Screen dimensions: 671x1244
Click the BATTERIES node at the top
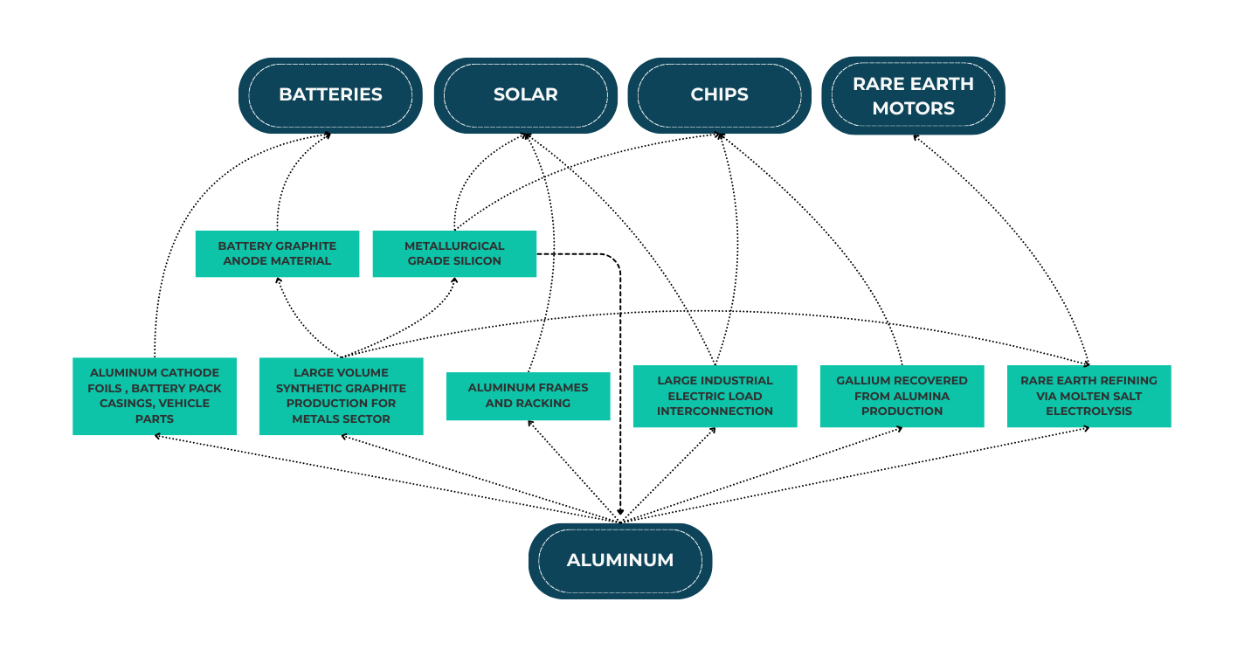pyautogui.click(x=330, y=95)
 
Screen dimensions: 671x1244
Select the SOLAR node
pyautogui.click(x=525, y=95)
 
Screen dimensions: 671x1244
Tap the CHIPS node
pyautogui.click(x=719, y=95)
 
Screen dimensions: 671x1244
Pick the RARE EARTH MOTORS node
pyautogui.click(x=913, y=95)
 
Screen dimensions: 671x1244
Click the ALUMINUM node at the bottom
pyautogui.click(x=620, y=561)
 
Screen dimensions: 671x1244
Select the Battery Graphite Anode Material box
pyautogui.click(x=277, y=253)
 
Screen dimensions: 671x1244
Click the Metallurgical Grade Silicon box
pyautogui.click(x=454, y=253)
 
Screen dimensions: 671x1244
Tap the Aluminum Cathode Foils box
pyautogui.click(x=155, y=396)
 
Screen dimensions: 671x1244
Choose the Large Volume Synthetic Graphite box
pyautogui.click(x=341, y=396)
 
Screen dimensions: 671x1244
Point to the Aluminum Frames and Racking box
pyautogui.click(x=528, y=396)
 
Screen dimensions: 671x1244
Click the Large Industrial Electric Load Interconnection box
pyautogui.click(x=715, y=396)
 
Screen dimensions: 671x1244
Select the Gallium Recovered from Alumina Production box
pyautogui.click(x=902, y=396)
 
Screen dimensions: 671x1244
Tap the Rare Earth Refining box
pyautogui.click(x=1088, y=396)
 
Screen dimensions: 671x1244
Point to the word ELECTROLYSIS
pyautogui.click(x=1088, y=412)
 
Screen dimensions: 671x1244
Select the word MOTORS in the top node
pyautogui.click(x=913, y=108)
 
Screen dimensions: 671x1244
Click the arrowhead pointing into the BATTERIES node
pyautogui.click(x=328, y=135)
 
